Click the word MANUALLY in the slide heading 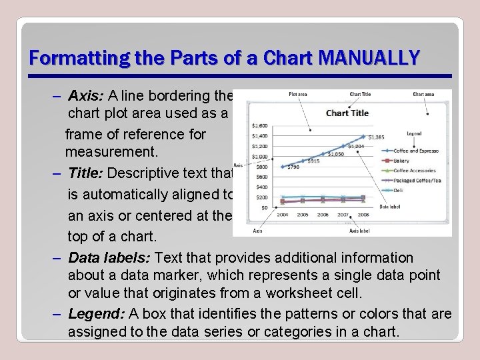[369, 57]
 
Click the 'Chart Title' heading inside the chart [347, 113]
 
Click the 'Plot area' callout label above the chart [298, 95]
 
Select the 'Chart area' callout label [423, 95]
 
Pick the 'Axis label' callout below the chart [359, 231]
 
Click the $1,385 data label [376, 137]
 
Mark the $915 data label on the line [313, 161]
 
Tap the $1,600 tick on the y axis [260, 125]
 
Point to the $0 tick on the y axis [265, 208]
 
